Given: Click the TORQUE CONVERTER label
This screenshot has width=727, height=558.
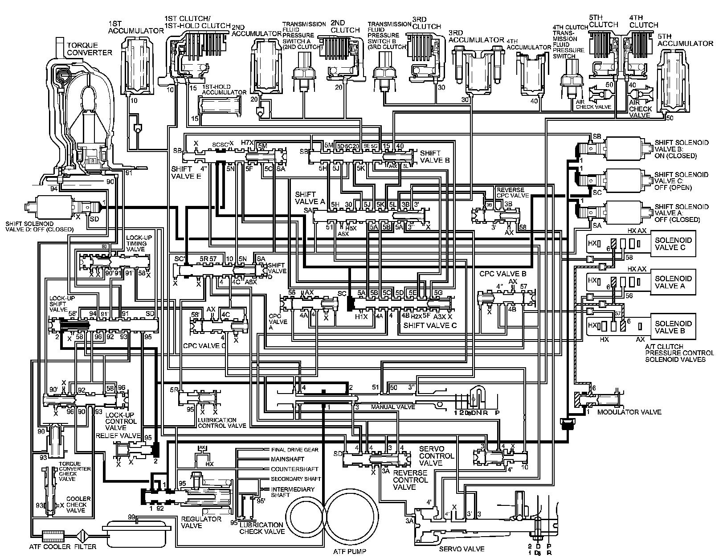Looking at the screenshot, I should (89, 49).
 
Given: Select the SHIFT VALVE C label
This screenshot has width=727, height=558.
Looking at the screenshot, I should (430, 325).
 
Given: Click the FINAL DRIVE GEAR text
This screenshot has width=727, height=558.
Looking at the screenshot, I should (294, 450).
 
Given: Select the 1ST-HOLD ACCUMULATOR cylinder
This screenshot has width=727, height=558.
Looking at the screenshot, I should (218, 106).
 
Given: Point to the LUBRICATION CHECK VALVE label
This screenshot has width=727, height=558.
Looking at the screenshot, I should (261, 528).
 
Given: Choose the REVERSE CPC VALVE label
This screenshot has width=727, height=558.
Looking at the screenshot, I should (513, 193).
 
